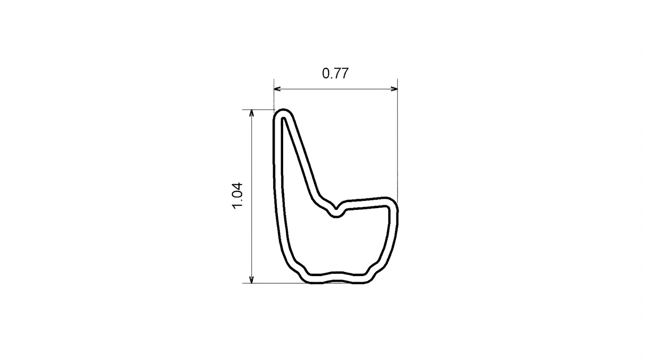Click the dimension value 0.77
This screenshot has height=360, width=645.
[335, 74]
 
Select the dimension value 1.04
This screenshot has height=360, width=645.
[238, 196]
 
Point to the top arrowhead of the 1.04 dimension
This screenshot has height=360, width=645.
[252, 112]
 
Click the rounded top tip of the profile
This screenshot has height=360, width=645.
[283, 112]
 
